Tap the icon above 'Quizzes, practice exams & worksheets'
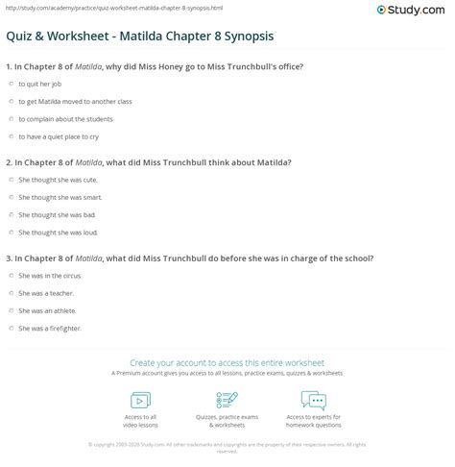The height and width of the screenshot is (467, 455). [227, 400]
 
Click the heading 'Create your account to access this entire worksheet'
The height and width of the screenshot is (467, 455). [227, 362]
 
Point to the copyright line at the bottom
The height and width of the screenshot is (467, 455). [227, 447]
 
